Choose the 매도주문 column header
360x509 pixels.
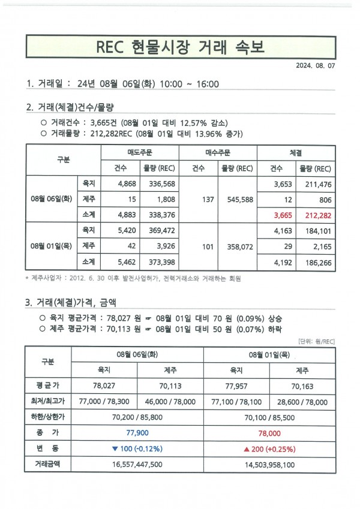click(x=139, y=152)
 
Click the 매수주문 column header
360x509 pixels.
click(x=218, y=152)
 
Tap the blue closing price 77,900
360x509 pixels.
click(x=137, y=432)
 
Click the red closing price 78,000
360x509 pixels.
click(x=269, y=432)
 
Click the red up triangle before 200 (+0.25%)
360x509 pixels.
click(x=247, y=448)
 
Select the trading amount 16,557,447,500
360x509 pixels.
click(x=137, y=464)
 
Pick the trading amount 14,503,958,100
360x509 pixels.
click(x=269, y=464)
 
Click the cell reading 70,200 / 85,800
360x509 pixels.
click(x=137, y=417)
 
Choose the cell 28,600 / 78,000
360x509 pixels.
click(x=302, y=402)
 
